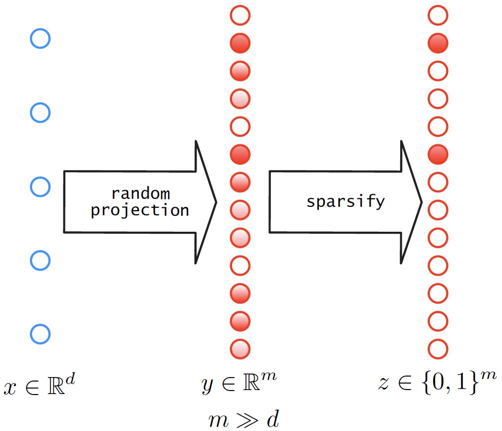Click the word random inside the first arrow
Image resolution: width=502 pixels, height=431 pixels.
click(140, 193)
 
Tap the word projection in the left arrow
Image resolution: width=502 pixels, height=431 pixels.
click(140, 210)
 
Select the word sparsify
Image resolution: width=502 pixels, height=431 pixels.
click(345, 201)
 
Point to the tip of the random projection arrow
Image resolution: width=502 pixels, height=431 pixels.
click(216, 202)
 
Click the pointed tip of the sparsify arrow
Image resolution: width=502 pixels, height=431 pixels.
click(422, 202)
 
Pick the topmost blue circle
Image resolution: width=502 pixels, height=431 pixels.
click(40, 38)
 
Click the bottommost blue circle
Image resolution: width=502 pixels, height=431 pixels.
click(40, 334)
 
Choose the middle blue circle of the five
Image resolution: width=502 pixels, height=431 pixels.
click(40, 187)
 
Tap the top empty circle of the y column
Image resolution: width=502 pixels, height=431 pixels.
click(240, 16)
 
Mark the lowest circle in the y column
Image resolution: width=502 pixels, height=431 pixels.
click(240, 348)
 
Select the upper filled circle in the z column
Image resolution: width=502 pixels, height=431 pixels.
click(438, 43)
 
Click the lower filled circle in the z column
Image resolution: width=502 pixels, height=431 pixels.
click(438, 154)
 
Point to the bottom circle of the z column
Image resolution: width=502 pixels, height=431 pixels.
click(438, 348)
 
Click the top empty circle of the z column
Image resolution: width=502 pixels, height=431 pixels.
click(438, 16)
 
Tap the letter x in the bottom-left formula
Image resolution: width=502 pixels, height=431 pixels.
click(10, 388)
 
